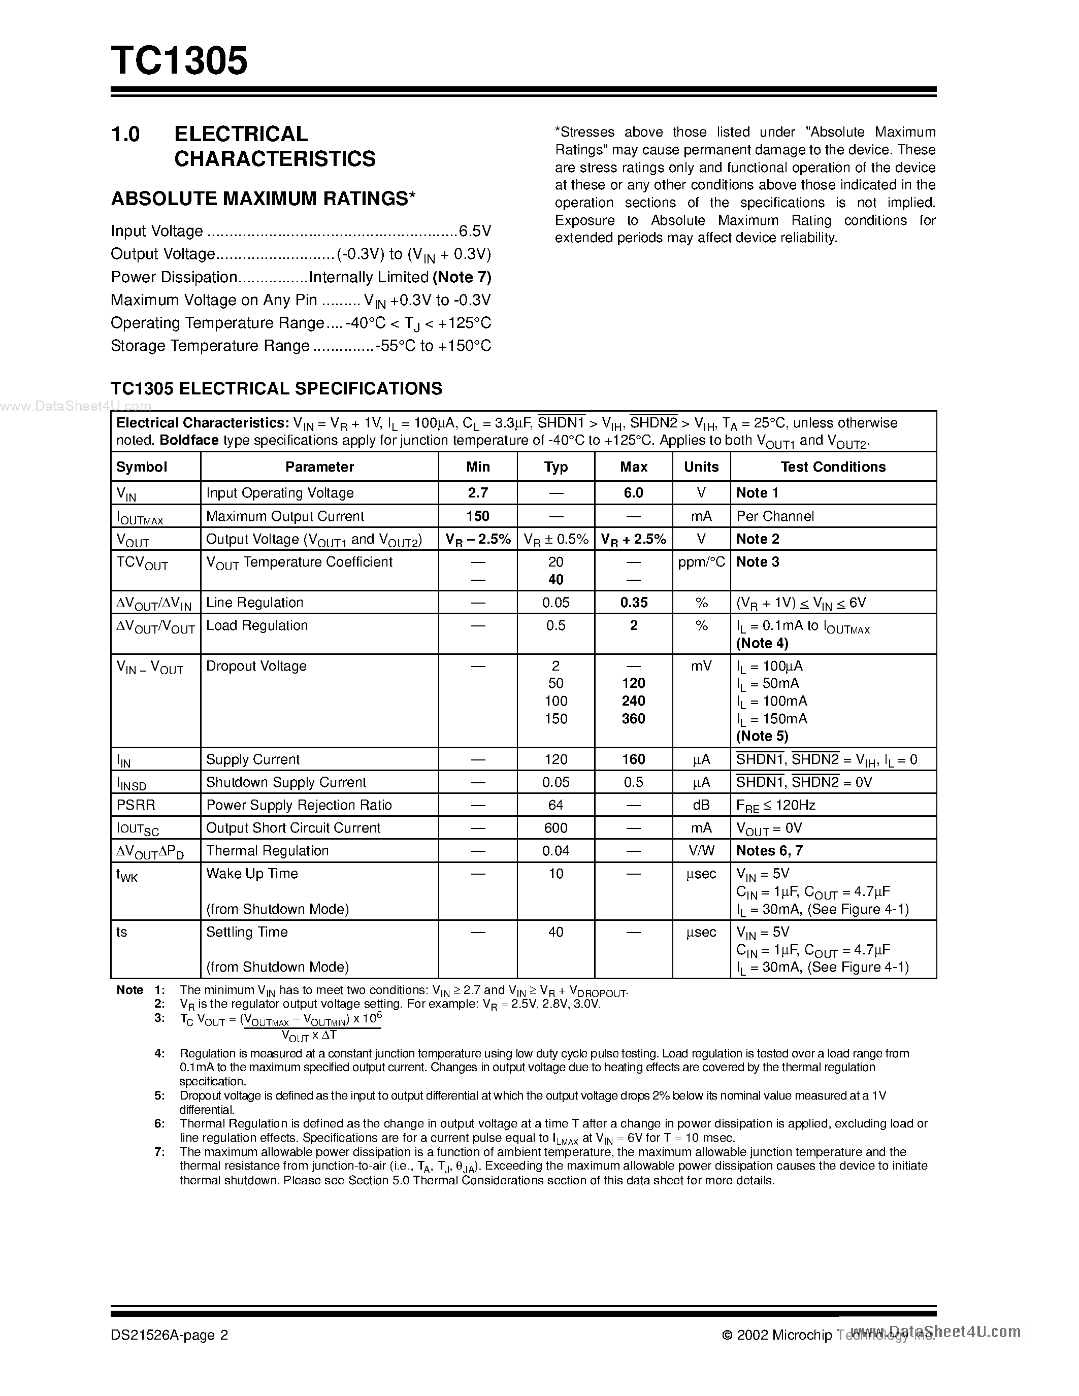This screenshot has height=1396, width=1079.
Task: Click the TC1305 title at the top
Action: tap(179, 61)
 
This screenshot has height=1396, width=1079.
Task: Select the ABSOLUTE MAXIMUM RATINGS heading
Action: tap(263, 199)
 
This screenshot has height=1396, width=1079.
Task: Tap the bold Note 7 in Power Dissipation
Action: tap(462, 277)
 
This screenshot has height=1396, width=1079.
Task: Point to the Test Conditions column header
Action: tap(833, 467)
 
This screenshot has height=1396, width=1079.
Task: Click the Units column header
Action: tap(701, 467)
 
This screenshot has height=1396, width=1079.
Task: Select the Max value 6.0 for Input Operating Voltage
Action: tap(634, 493)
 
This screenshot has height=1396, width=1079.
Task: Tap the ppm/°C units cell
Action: tap(701, 562)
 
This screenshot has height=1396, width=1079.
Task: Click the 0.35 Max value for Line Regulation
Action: tap(634, 602)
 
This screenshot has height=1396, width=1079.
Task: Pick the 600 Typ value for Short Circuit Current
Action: tap(555, 828)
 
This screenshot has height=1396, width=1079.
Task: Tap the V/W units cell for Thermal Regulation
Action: tap(701, 851)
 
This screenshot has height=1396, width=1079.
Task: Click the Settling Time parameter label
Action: tap(247, 932)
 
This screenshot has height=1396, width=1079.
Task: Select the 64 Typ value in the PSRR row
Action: tap(555, 805)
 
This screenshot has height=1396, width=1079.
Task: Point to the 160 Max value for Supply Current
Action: tap(634, 759)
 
